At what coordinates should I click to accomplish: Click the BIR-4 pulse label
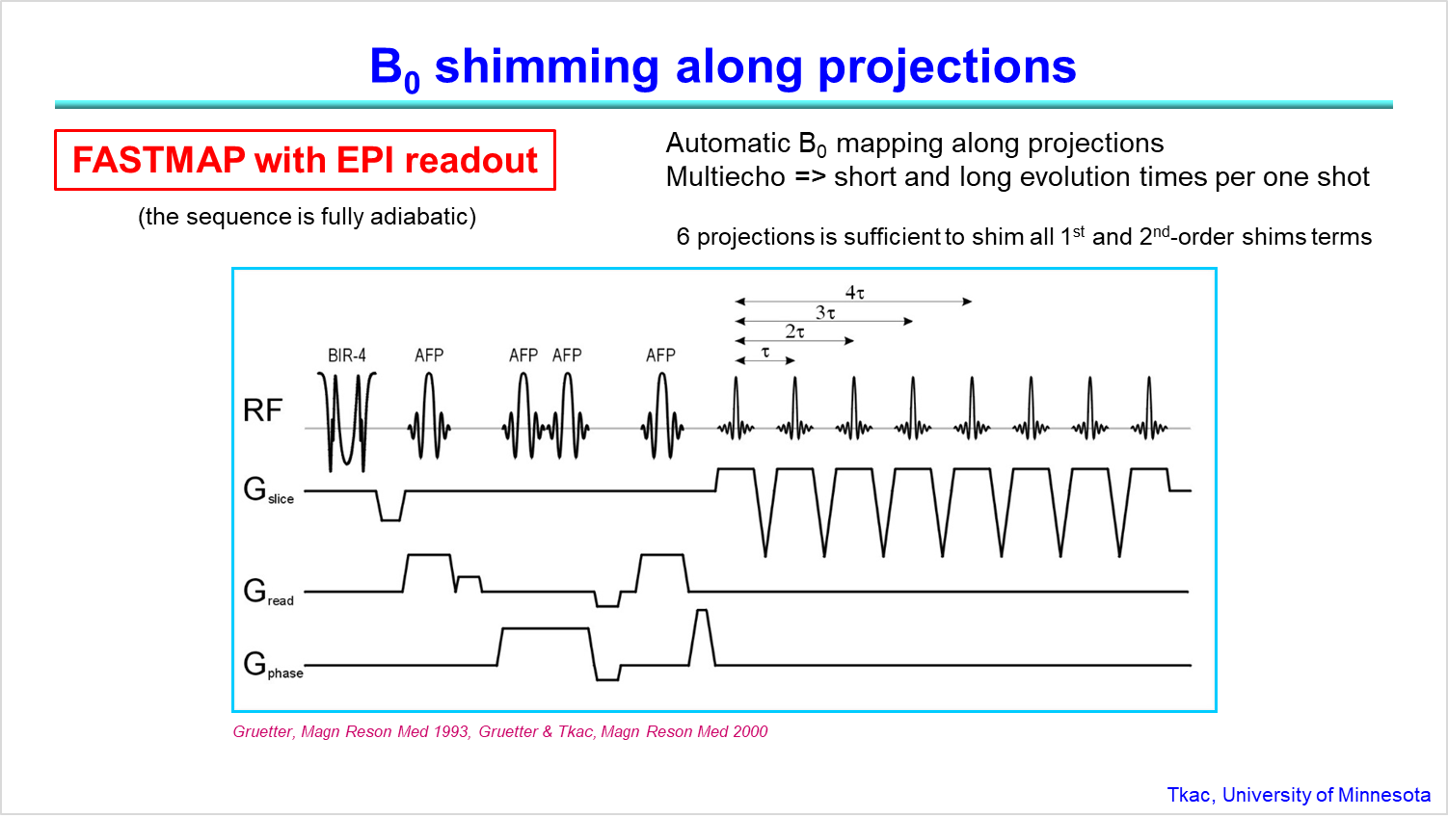tap(347, 356)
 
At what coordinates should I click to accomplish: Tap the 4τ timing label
tap(855, 292)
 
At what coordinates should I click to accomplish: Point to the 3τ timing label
tap(825, 312)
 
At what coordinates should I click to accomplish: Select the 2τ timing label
tap(794, 331)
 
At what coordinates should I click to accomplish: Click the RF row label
tap(262, 410)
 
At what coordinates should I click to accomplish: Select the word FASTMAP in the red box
tap(158, 160)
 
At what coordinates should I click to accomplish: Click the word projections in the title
tap(947, 66)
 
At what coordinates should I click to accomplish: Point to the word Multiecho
tap(725, 177)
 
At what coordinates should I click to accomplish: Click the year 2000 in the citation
tap(750, 731)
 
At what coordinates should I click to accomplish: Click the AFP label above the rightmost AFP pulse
tap(660, 356)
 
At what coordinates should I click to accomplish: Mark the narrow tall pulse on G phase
tap(702, 636)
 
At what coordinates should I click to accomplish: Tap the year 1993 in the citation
tap(451, 731)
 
